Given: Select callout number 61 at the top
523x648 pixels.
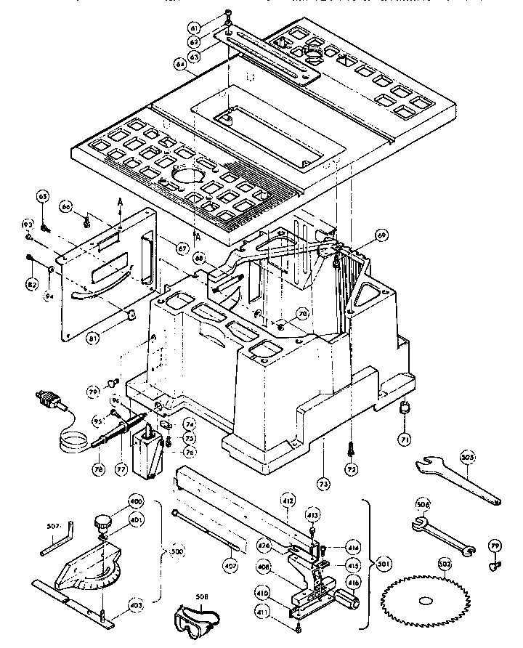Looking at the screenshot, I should [193, 28].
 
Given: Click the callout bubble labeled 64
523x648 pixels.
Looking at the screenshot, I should [179, 65].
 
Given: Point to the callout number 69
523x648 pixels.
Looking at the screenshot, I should [381, 235].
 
